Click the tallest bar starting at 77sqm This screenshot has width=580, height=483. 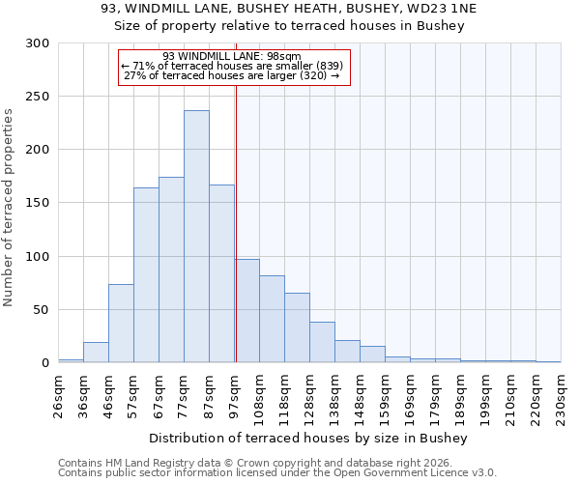tap(196, 237)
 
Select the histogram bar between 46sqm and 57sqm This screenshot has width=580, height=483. tap(121, 324)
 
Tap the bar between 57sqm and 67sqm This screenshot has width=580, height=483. tap(146, 275)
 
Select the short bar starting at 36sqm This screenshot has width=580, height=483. tap(96, 353)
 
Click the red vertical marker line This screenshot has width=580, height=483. tap(236, 241)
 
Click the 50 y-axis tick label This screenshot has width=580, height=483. tap(41, 310)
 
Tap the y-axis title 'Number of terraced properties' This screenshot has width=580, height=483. tap(9, 207)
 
